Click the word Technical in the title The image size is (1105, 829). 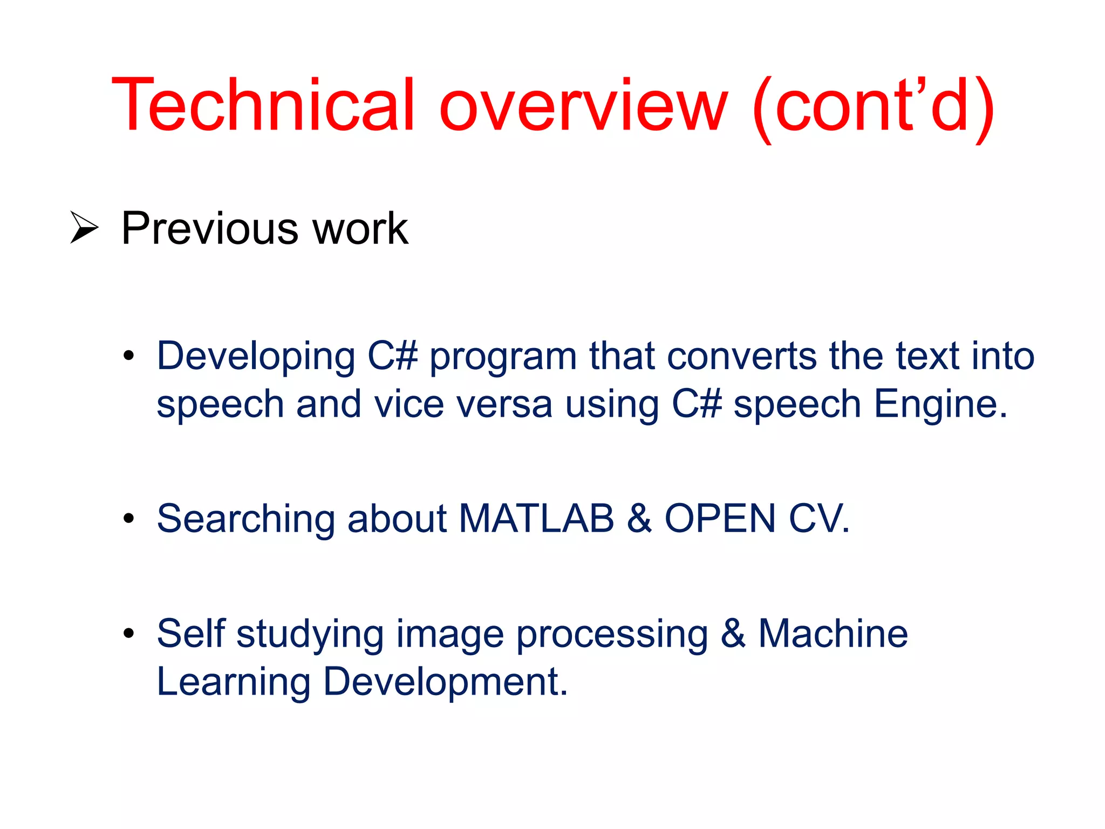tap(263, 105)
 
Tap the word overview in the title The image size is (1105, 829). tap(583, 105)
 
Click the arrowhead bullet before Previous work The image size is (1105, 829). tap(84, 228)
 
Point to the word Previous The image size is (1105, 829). tap(210, 228)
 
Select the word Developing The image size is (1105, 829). tap(256, 357)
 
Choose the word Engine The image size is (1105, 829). tap(940, 405)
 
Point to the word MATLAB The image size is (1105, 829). tap(536, 519)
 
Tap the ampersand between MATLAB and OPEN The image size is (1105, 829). tap(639, 519)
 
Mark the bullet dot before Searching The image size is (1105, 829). tap(128, 519)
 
